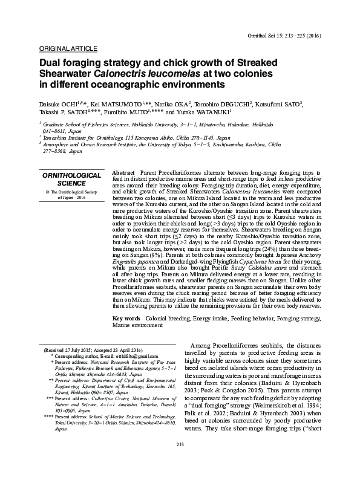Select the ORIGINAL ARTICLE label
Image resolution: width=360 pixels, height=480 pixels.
67,48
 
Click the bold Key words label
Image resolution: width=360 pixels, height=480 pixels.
126,318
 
